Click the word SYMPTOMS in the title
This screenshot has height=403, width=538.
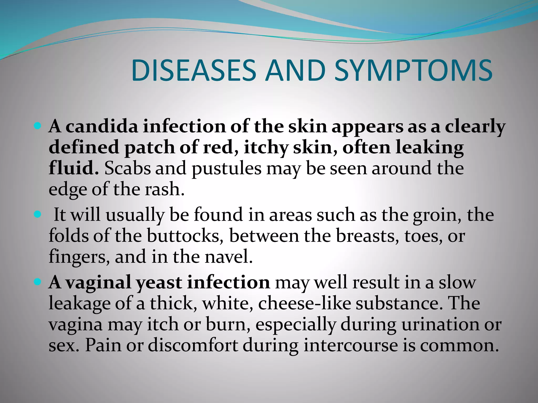[x=413, y=70]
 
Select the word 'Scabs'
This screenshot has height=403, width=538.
[x=128, y=168]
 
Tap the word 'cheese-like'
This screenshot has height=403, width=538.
[x=305, y=304]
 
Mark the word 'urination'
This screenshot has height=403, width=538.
[x=441, y=324]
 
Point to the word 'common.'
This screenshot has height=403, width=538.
[x=459, y=345]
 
